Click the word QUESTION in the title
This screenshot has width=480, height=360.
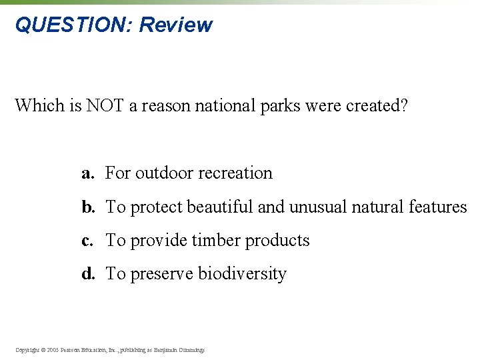[73, 25]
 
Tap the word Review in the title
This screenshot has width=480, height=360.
[176, 25]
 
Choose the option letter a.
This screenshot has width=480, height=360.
[87, 173]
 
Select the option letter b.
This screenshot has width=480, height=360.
[87, 207]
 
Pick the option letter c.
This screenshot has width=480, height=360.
[87, 241]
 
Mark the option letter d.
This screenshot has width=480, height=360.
[87, 274]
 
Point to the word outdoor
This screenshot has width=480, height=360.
[164, 173]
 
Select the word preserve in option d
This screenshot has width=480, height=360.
[161, 274]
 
